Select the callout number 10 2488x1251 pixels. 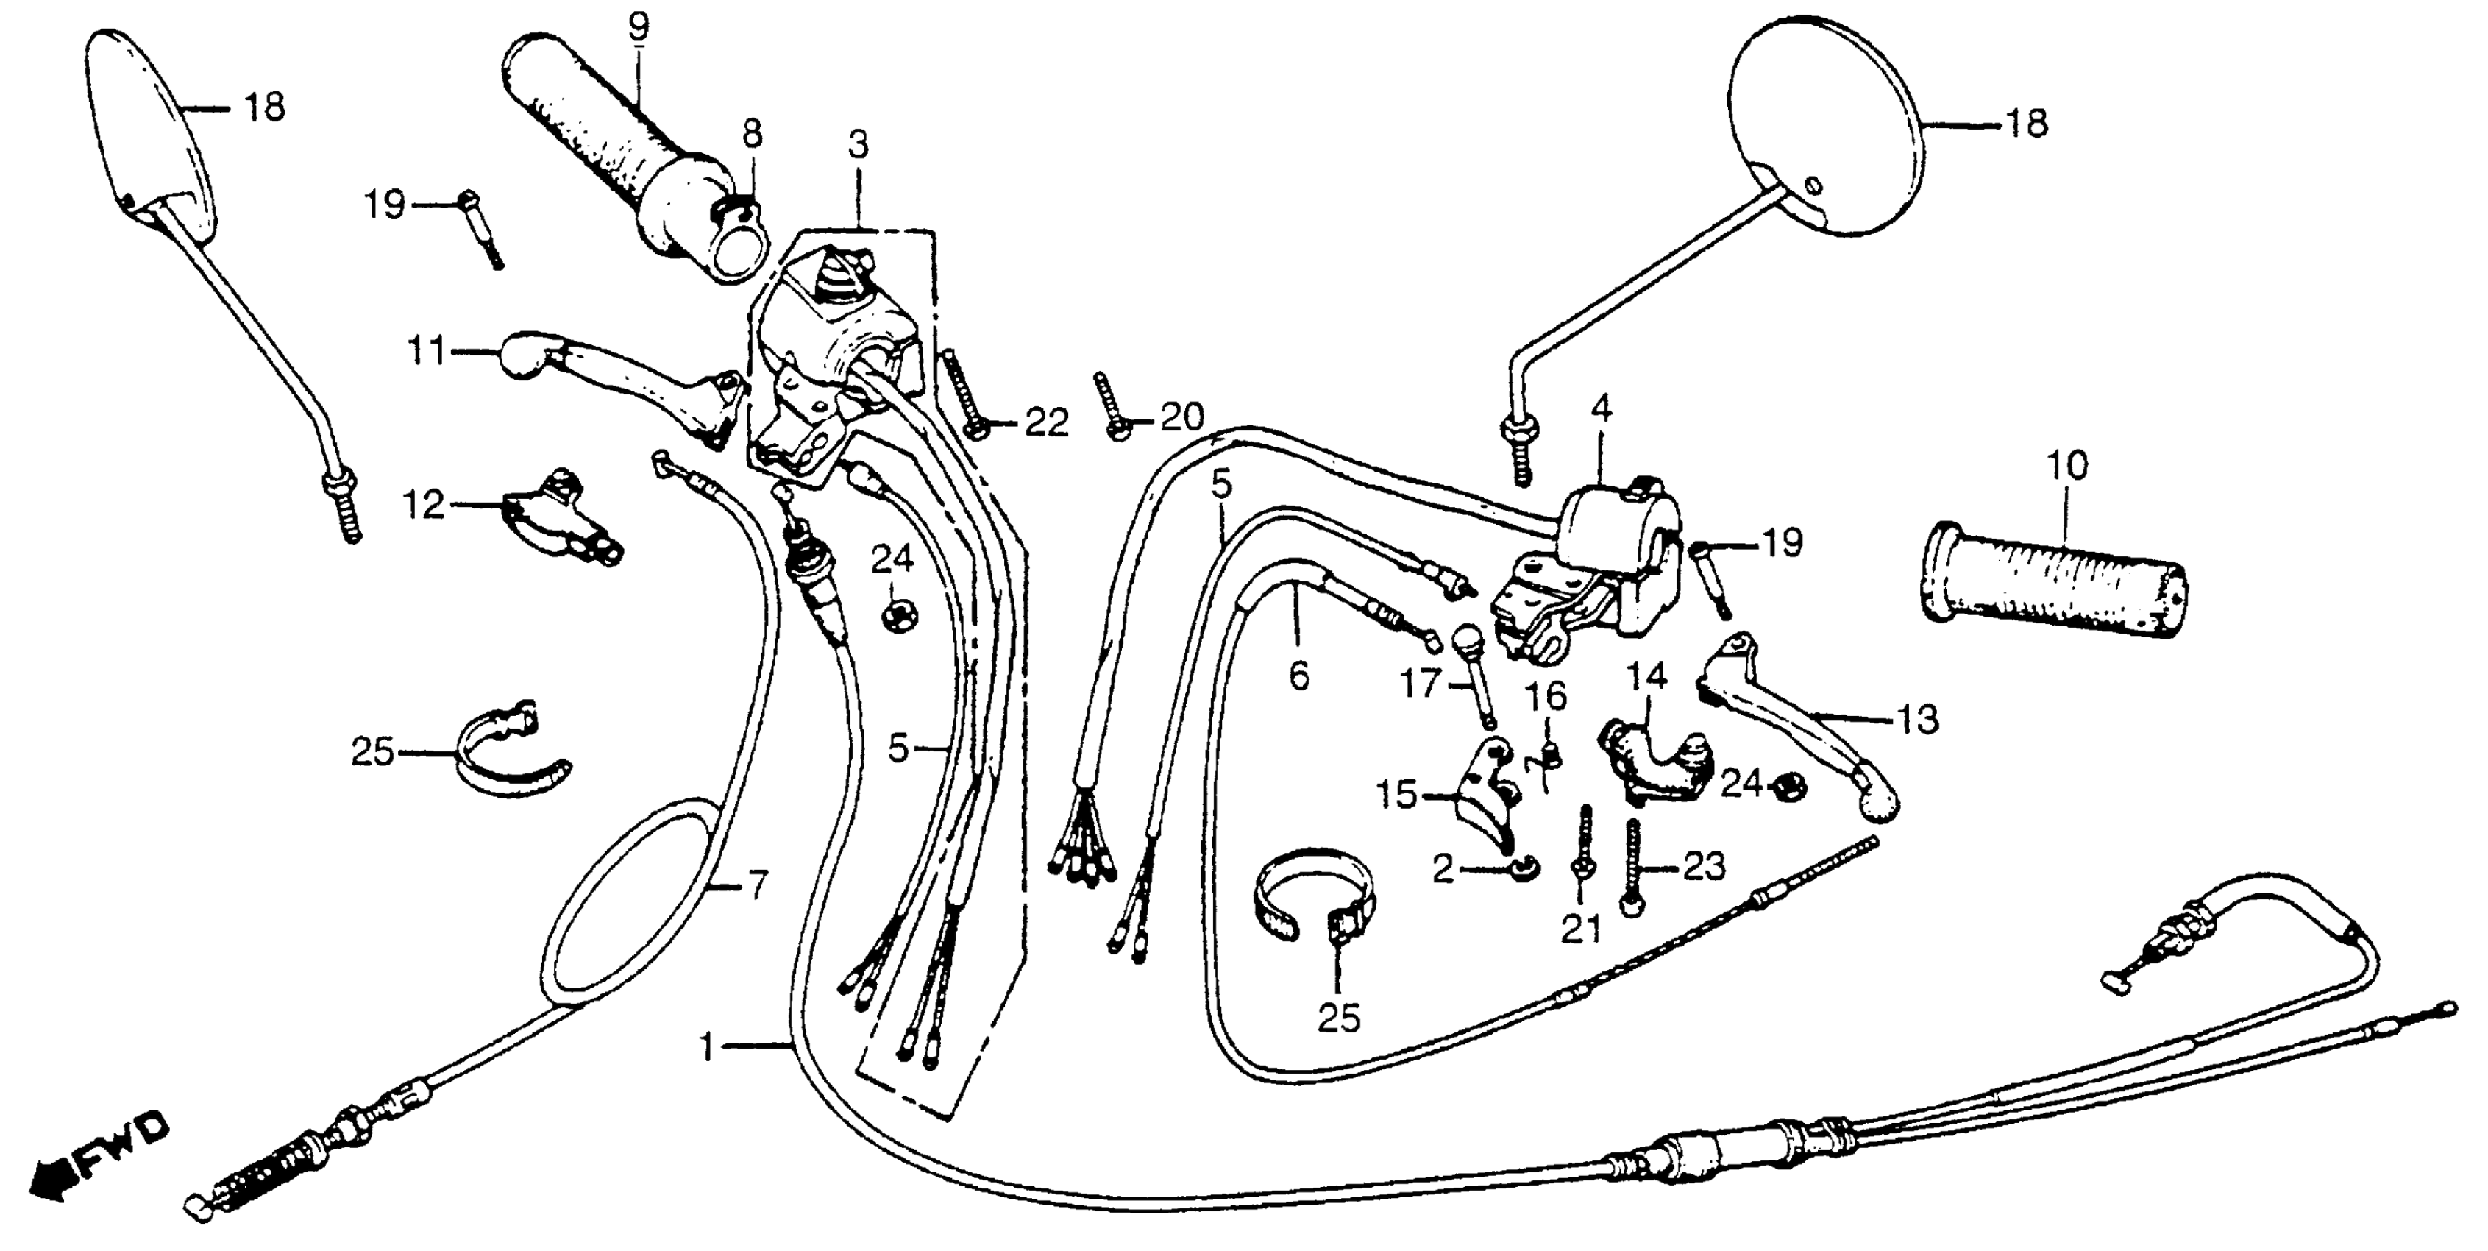pos(2067,466)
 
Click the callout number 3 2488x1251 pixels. pos(858,145)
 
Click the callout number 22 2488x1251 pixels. pos(1046,422)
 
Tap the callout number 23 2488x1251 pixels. pos(1703,867)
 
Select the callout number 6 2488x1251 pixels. pos(1299,676)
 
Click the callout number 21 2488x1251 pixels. pos(1581,929)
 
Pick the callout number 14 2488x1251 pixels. pos(1648,676)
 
